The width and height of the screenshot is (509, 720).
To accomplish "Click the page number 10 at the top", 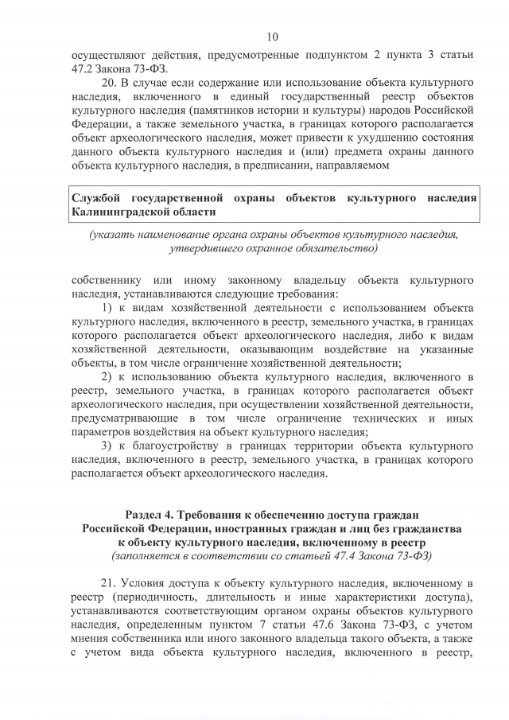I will (x=272, y=37).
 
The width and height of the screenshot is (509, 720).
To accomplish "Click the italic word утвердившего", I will (x=206, y=249).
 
